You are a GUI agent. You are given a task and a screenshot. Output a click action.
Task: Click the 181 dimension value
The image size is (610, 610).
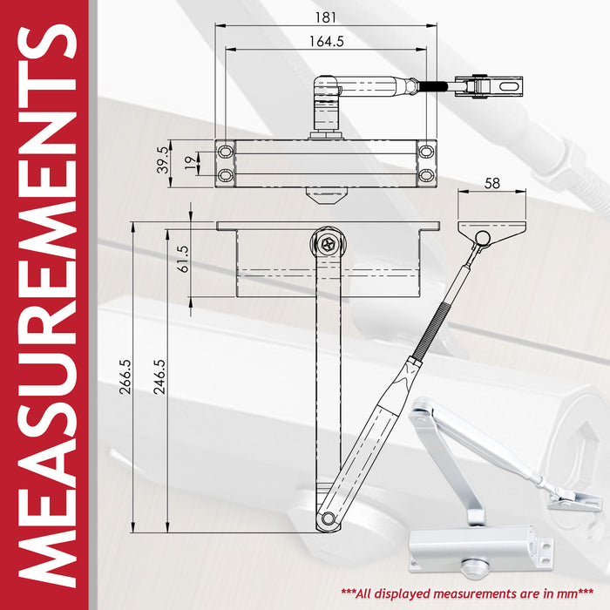pos(326,17)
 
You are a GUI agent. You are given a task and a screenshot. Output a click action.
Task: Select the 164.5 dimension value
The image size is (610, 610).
pos(327,41)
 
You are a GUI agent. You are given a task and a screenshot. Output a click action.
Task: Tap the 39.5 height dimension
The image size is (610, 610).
pos(164,159)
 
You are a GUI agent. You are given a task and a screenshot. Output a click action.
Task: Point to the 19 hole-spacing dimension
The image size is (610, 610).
pos(190,163)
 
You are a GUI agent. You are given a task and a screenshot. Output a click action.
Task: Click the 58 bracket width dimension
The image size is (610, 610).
pos(492,183)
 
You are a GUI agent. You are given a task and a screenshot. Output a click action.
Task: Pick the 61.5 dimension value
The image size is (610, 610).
pos(182,259)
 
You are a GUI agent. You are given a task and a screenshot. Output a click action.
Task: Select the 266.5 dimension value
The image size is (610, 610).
pos(125,377)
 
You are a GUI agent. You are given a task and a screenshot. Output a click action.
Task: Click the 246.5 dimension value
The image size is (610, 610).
pos(159,377)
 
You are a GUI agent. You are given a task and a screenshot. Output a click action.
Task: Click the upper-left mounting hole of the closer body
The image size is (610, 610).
pos(226,151)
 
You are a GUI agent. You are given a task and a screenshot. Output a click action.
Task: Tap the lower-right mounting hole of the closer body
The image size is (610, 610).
pos(426,175)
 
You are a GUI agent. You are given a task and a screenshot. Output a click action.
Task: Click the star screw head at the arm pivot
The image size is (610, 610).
pos(328,244)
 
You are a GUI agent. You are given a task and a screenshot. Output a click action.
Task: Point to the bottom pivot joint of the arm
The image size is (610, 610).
pos(328,518)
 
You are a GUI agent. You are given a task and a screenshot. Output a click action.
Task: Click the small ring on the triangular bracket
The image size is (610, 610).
pos(483,237)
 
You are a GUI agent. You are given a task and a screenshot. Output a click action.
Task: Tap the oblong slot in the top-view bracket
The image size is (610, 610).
pos(509,85)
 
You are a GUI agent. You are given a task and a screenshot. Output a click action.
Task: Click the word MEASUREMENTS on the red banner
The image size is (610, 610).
pos(47,306)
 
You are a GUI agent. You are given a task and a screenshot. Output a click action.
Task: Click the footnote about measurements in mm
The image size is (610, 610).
pos(467,593)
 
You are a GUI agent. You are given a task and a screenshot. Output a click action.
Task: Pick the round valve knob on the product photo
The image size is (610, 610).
pos(475,569)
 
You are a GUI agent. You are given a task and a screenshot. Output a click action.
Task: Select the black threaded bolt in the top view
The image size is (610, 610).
pos(437,86)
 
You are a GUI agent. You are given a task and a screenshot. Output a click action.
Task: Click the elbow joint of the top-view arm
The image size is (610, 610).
pos(326,85)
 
